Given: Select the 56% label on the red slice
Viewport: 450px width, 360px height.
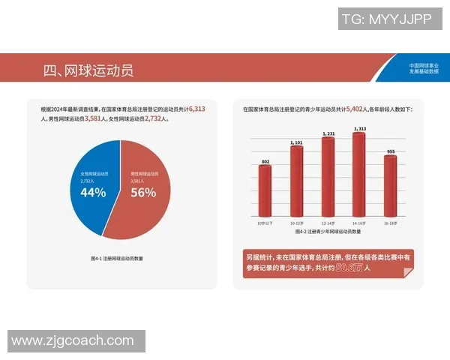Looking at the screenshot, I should [x=142, y=192].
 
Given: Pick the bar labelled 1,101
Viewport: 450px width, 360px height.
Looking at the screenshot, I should [x=296, y=180].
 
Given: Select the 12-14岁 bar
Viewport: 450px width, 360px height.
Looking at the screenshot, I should [x=328, y=176].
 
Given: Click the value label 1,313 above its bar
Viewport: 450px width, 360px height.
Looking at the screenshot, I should [x=359, y=129].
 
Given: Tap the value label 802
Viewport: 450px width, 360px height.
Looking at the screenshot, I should [x=265, y=162].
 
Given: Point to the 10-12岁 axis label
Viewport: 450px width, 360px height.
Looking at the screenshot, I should [x=296, y=223].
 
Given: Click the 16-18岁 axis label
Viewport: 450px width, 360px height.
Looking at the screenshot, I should [x=390, y=223].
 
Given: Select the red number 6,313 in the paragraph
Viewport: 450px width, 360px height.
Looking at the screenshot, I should [x=197, y=109].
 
